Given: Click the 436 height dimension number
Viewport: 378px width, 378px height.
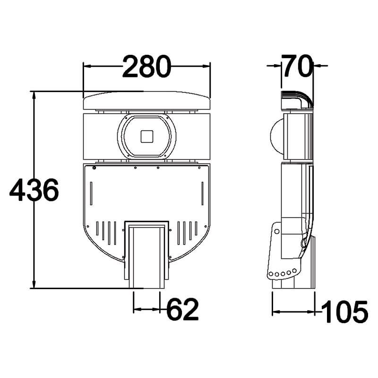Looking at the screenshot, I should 34,190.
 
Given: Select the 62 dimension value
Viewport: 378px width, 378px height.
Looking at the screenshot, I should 182,310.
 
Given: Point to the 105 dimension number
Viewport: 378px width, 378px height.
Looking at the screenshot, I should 345,312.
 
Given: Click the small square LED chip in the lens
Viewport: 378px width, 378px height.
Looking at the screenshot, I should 147,136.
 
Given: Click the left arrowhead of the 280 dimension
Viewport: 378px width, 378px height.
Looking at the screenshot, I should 86,67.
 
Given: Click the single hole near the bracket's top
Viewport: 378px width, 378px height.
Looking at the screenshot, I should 277,231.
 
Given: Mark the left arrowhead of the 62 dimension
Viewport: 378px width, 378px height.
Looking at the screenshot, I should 137,309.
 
